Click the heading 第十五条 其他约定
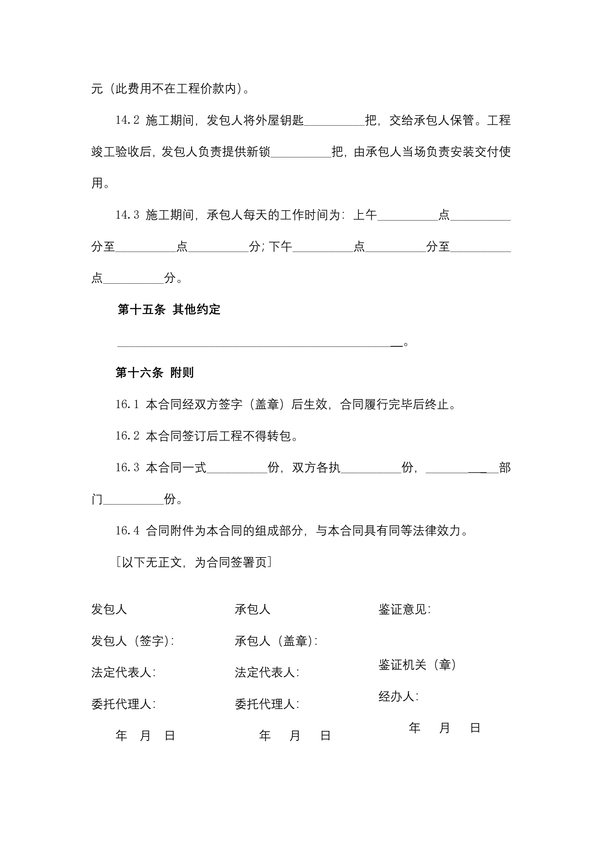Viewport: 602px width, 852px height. [169, 309]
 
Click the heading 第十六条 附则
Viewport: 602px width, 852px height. [154, 372]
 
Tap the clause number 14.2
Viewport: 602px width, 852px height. [127, 120]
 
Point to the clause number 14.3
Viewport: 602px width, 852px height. [127, 215]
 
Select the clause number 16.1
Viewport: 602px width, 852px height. [127, 404]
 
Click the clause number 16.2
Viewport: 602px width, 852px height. [127, 436]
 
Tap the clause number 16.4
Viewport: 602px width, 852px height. [127, 531]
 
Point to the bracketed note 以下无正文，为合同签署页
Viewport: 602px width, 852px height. [194, 562]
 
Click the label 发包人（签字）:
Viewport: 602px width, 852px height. [133, 641]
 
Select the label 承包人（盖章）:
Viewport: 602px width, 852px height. [276, 641]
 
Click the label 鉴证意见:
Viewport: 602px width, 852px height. [404, 609]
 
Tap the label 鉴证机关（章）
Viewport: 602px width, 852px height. [418, 665]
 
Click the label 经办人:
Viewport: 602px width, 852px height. [399, 696]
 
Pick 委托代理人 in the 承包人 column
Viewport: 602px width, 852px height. [267, 704]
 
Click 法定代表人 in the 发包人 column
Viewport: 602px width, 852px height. [123, 672]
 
